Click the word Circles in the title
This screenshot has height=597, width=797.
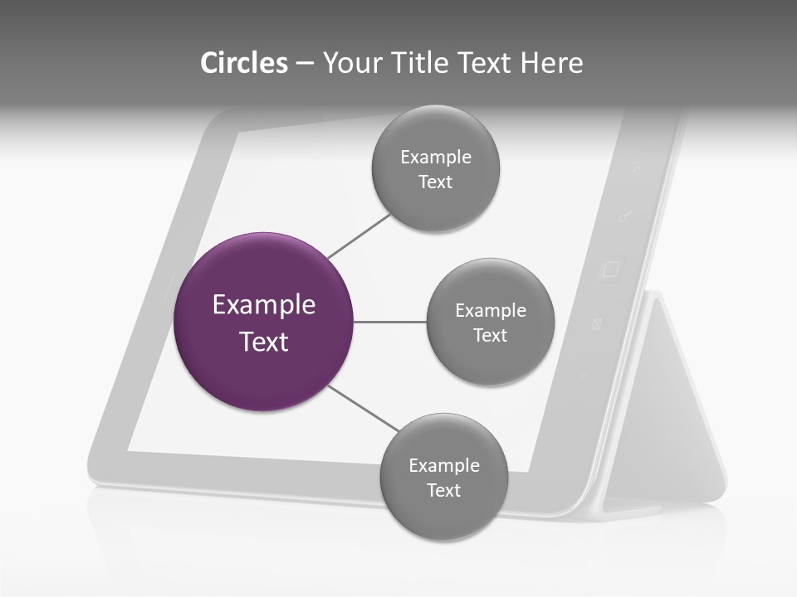(x=243, y=63)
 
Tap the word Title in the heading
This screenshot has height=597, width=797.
(x=420, y=63)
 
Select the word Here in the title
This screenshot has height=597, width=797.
(x=551, y=63)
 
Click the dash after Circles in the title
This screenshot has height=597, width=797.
(x=305, y=64)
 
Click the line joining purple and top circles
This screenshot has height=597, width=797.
(x=359, y=235)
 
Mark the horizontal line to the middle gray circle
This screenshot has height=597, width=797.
(x=390, y=322)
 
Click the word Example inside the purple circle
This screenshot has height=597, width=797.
(x=264, y=305)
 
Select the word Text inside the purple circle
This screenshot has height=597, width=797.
(x=264, y=342)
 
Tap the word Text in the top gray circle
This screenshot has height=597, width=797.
(x=435, y=182)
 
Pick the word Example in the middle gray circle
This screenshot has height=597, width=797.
(x=490, y=311)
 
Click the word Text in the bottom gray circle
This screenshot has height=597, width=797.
(x=443, y=491)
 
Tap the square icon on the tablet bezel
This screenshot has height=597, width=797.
(x=610, y=269)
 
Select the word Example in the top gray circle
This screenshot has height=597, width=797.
(x=435, y=157)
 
